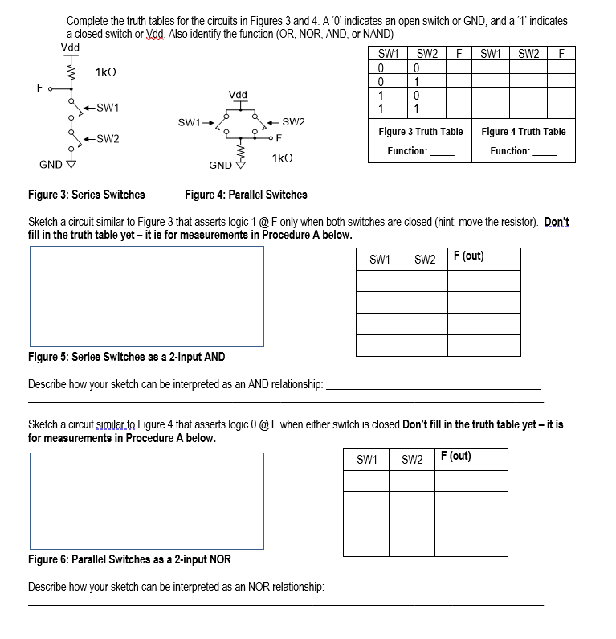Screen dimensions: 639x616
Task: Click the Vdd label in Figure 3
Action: pos(71,46)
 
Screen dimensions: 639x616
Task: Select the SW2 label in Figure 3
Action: pos(107,139)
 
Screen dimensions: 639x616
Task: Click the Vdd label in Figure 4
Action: pos(238,94)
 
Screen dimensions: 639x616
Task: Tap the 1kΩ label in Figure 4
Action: pos(284,159)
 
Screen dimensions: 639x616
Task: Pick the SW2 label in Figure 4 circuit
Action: pos(294,122)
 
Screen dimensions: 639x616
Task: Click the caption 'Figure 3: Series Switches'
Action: pos(86,195)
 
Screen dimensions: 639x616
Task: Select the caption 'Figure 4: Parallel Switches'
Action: pos(246,195)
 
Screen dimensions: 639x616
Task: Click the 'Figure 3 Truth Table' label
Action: pos(421,132)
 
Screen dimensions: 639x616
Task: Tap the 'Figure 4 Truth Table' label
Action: pos(524,132)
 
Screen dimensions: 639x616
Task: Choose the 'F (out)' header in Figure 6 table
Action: pos(455,457)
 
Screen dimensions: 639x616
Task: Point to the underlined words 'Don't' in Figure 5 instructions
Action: pos(557,222)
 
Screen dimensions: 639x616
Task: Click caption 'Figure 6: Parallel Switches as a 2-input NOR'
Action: pos(129,559)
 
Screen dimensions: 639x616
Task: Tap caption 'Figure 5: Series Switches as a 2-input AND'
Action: pos(126,357)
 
